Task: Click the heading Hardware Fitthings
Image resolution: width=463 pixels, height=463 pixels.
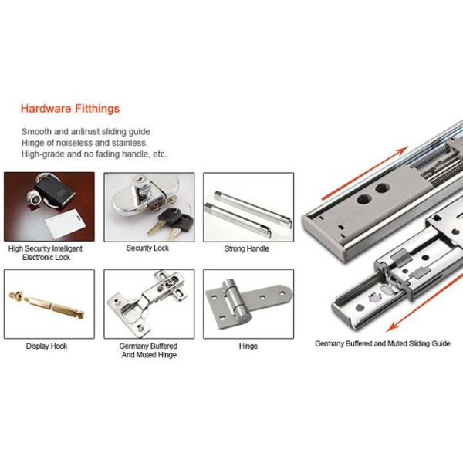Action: pos(70,109)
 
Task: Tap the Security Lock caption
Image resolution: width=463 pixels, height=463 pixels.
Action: pos(147,248)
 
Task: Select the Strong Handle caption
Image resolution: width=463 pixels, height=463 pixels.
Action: pos(247,248)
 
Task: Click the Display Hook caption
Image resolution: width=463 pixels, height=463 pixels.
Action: pos(46,346)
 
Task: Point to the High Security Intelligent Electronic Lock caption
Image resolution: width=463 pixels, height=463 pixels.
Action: pos(46,253)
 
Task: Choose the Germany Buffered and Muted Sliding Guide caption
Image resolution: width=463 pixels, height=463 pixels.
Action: pos(383,343)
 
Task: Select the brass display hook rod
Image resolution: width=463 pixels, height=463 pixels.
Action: pos(47,305)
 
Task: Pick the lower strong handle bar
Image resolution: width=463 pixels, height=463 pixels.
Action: pos(238,220)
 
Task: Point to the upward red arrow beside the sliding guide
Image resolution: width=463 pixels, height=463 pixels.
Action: pos(365,173)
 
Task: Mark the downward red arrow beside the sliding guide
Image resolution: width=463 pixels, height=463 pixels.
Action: pos(425,302)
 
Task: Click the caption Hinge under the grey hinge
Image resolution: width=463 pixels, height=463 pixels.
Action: pos(248,346)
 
